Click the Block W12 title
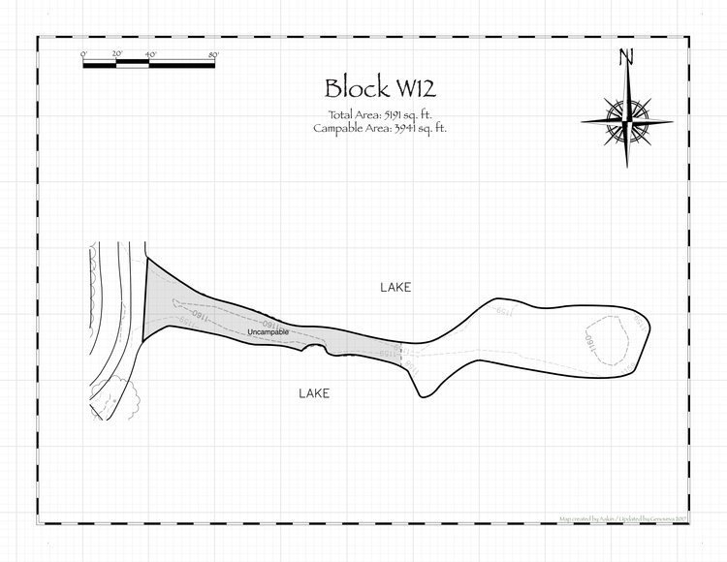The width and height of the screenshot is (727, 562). pyautogui.click(x=380, y=88)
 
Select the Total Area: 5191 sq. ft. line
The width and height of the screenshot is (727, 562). pyautogui.click(x=380, y=114)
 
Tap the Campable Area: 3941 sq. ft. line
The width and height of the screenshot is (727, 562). pyautogui.click(x=380, y=127)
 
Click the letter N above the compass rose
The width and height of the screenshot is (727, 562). pyautogui.click(x=628, y=57)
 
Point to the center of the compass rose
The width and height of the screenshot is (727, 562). pyautogui.click(x=628, y=121)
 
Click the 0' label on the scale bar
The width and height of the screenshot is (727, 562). pyautogui.click(x=84, y=54)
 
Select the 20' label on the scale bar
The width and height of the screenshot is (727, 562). pyautogui.click(x=116, y=54)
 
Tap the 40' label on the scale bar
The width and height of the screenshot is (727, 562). pyautogui.click(x=149, y=54)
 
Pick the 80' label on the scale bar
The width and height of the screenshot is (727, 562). pyautogui.click(x=213, y=54)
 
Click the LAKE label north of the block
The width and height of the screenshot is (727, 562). pyautogui.click(x=395, y=288)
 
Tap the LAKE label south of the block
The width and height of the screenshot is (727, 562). pyautogui.click(x=313, y=393)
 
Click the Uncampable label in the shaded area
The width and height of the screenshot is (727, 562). pyautogui.click(x=269, y=332)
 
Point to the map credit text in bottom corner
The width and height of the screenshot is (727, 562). pyautogui.click(x=620, y=518)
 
